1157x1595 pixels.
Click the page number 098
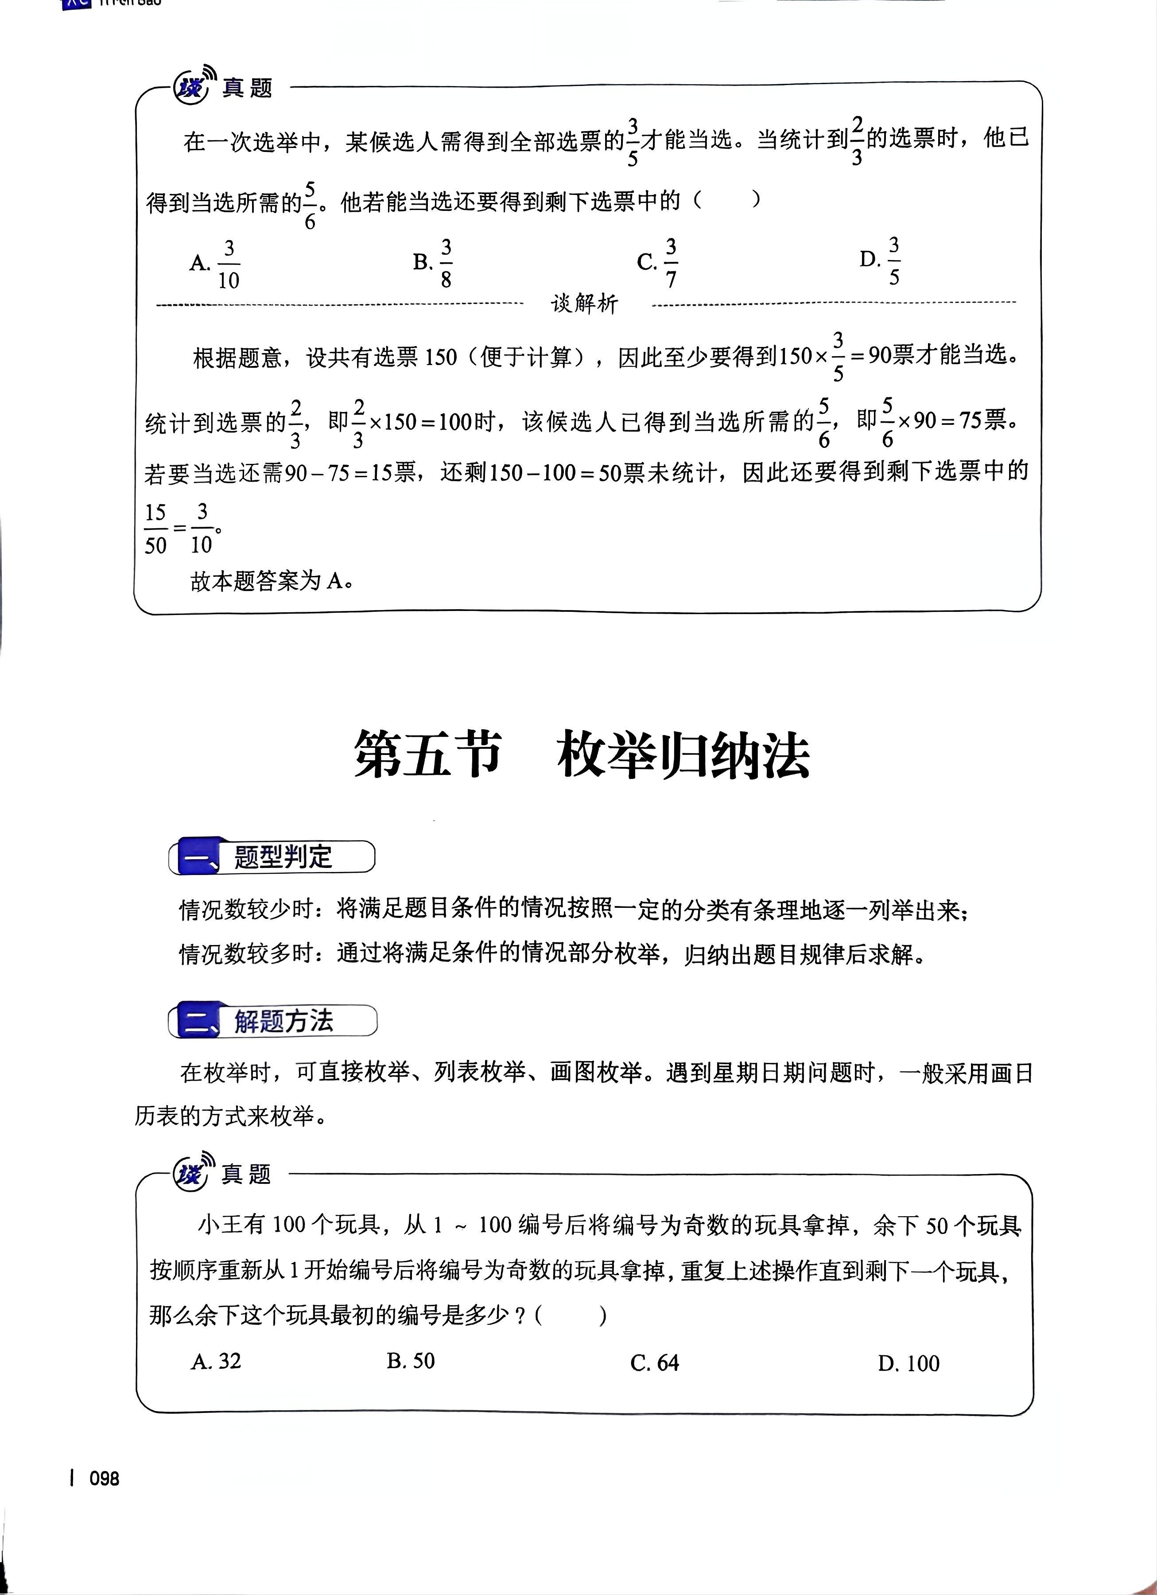click(104, 1479)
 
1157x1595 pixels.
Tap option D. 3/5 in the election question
click(881, 260)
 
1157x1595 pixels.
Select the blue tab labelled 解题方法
click(273, 1021)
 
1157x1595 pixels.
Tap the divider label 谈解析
click(584, 304)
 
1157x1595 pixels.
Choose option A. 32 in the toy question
click(216, 1361)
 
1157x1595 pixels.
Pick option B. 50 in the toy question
click(411, 1361)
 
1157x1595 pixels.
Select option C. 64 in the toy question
click(654, 1363)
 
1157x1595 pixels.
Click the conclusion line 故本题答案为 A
click(271, 581)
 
